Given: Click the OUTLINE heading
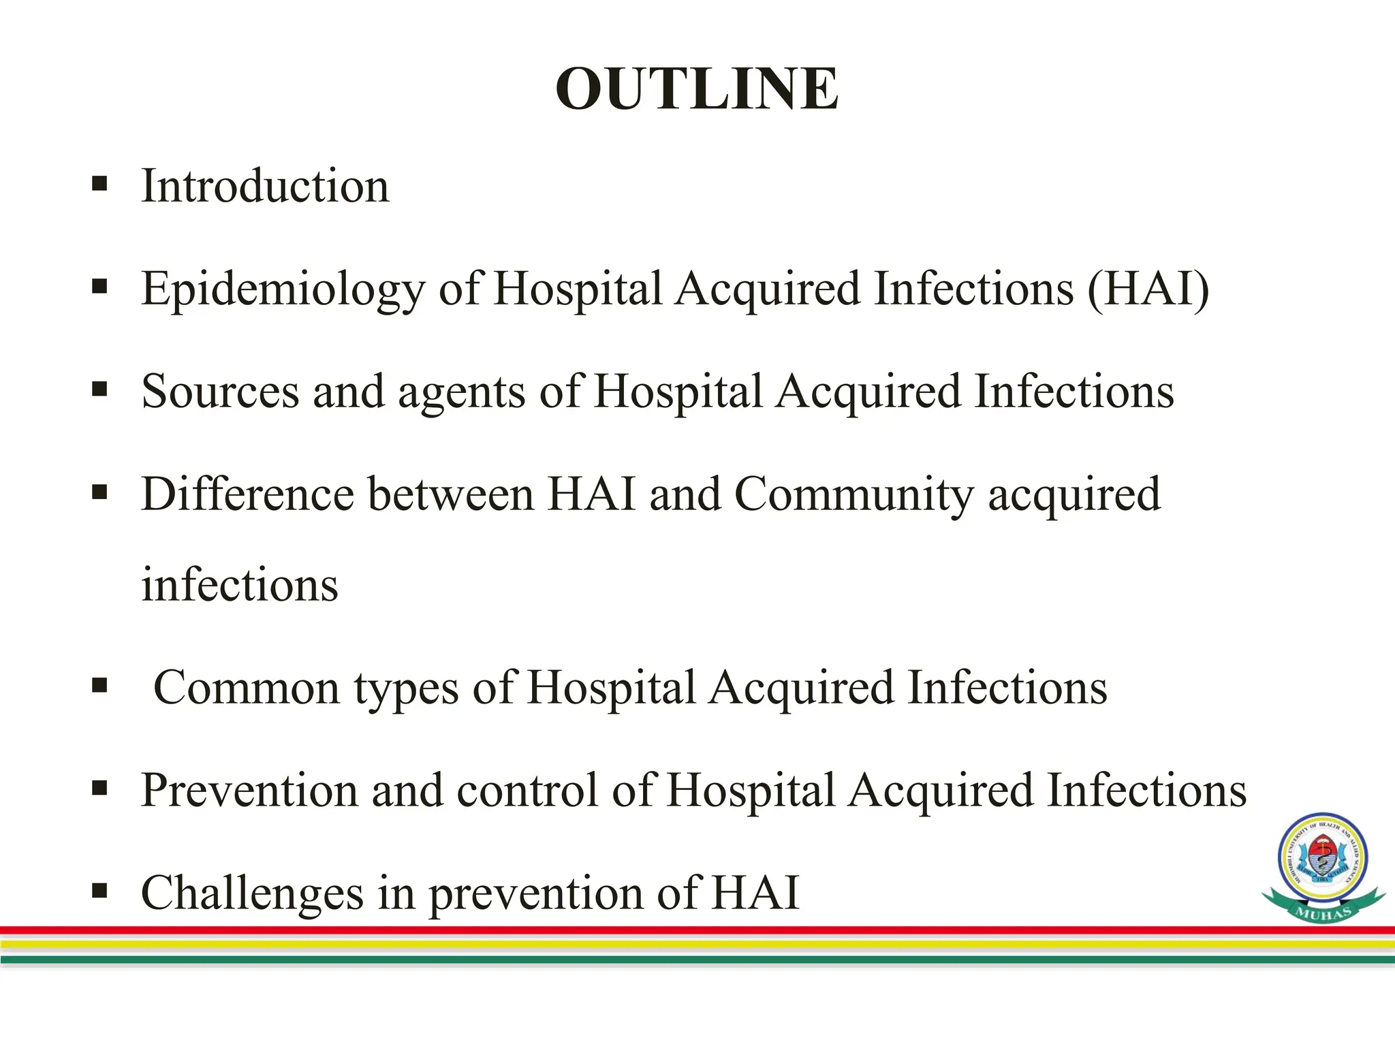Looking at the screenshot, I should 697,89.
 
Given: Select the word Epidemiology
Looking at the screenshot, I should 283,289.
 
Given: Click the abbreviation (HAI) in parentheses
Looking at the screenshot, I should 1148,289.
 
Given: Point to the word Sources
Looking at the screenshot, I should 220,392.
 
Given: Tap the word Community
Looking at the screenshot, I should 854,495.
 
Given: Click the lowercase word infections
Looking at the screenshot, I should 239,585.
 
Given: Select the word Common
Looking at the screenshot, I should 247,688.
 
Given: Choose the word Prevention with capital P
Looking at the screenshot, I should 249,791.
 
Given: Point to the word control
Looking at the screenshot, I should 527,791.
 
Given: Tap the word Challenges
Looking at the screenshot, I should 252,893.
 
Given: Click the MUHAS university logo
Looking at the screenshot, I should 1323,867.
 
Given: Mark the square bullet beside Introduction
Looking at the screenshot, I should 99,184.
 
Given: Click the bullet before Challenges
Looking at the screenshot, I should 99,890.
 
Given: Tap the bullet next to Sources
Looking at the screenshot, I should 99,390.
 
